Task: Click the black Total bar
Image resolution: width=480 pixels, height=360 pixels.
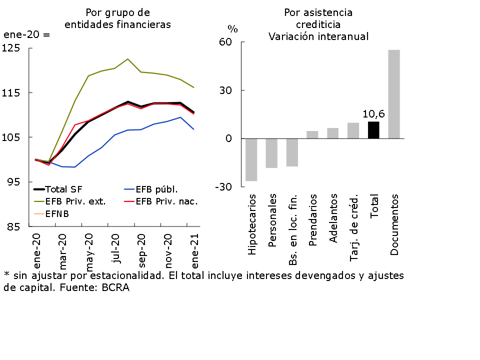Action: (x=373, y=130)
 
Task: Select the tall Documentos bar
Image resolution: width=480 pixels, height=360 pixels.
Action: (x=394, y=94)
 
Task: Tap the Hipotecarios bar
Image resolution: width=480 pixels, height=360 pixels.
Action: (x=251, y=159)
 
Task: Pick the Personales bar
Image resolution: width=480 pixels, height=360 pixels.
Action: (x=271, y=153)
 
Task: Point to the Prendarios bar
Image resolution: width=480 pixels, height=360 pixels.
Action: (x=312, y=134)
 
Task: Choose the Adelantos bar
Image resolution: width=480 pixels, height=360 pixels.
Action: (x=333, y=133)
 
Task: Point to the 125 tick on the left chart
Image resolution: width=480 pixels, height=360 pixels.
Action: (x=11, y=48)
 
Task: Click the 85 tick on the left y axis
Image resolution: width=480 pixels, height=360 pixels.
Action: (x=13, y=226)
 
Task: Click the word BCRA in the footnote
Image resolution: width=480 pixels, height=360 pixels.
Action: (x=117, y=288)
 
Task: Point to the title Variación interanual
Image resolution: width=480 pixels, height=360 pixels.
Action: (x=318, y=36)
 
